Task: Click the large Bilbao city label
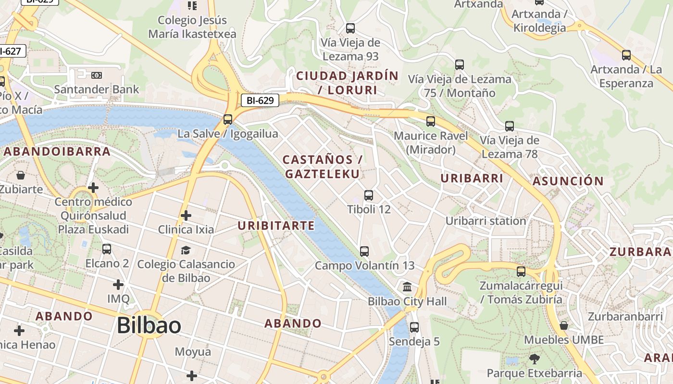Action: point(149,325)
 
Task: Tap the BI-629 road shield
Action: point(260,100)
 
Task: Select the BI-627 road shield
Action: point(11,51)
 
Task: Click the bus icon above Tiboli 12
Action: point(369,195)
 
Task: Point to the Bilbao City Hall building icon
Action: point(407,288)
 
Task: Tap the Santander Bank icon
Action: point(96,75)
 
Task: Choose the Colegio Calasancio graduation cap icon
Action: point(186,250)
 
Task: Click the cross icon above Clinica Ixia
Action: point(186,216)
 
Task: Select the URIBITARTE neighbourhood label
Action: point(276,226)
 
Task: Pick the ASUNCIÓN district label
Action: point(568,181)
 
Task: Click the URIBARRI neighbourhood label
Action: point(472,178)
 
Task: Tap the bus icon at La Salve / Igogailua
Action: point(228,120)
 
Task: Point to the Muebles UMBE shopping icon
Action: point(564,325)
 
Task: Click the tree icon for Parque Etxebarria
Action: point(534,359)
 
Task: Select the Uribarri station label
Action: point(486,221)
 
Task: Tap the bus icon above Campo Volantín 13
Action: point(364,251)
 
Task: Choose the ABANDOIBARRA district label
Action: point(57,152)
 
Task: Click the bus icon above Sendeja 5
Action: point(414,327)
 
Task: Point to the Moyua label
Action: point(193,352)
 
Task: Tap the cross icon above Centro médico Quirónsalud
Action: point(93,188)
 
